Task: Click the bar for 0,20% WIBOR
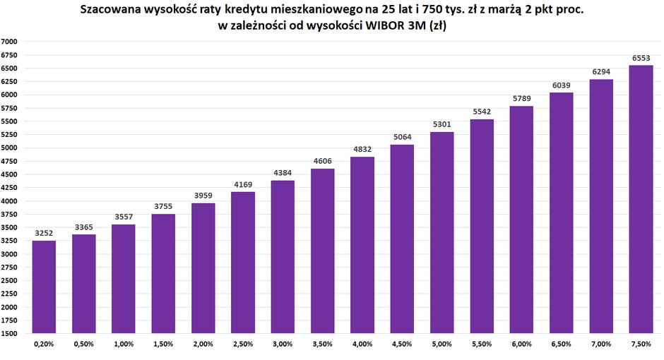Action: coord(44,287)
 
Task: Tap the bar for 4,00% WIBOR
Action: coord(362,245)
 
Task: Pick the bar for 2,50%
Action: coord(243,263)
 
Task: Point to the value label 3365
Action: coord(83,227)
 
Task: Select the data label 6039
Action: coord(562,85)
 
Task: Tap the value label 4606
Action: coord(322,162)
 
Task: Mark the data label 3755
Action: coord(163,207)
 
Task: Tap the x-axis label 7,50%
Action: coord(641,344)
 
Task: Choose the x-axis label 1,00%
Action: coord(124,344)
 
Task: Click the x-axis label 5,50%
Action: coord(482,344)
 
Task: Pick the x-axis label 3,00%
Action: coord(283,344)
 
